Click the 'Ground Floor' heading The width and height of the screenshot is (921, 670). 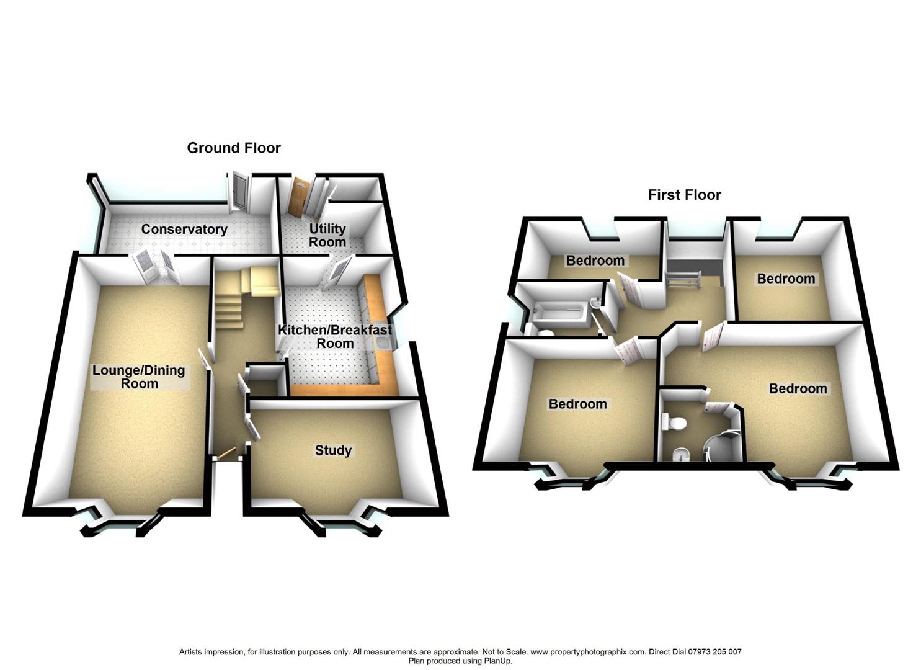234,148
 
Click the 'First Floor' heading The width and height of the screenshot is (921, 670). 684,195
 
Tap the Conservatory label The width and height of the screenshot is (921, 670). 184,230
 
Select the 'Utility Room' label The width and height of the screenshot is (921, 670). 327,235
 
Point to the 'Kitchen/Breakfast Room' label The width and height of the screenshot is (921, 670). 335,337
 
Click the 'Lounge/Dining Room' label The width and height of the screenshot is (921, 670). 139,377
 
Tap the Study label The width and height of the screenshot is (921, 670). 333,450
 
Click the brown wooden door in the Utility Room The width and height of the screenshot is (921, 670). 299,197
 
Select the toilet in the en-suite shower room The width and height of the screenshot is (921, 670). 675,423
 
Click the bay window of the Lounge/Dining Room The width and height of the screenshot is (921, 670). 118,525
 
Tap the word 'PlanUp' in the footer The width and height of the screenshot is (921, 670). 497,661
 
